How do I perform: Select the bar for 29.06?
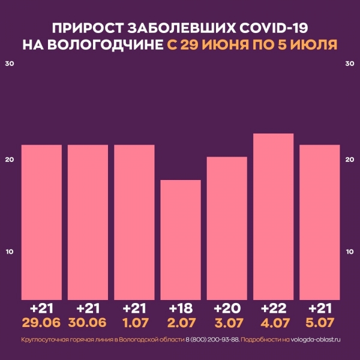[41, 222]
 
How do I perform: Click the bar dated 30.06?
[88, 222]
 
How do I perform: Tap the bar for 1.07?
[134, 222]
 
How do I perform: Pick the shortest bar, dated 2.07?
[180, 240]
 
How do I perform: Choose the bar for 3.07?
[226, 228]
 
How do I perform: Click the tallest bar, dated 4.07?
[272, 216]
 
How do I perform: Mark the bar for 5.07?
[319, 222]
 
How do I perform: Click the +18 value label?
[180, 308]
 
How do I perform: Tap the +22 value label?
[272, 308]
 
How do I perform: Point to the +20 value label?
[226, 308]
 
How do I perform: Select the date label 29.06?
[41, 323]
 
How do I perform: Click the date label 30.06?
[88, 323]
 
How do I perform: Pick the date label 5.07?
[319, 323]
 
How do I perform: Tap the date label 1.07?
[134, 323]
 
